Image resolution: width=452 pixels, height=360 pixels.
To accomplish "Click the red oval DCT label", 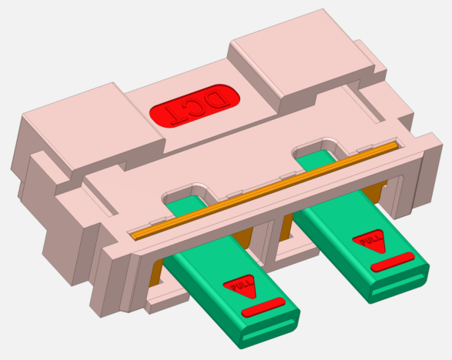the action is pos(195,105).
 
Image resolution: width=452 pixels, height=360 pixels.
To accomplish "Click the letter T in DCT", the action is pos(176,115).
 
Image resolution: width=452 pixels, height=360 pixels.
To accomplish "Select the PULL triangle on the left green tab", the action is pos(240,286).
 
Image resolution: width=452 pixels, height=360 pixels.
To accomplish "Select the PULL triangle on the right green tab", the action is pos(370,241).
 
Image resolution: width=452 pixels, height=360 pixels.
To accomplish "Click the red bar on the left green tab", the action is pos(263,307).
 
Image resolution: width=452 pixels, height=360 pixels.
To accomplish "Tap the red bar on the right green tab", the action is pos(393,262).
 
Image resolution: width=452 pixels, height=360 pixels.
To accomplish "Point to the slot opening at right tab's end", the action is pos(398,285).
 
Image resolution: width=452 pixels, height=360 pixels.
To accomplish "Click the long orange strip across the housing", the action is pos(265,190).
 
